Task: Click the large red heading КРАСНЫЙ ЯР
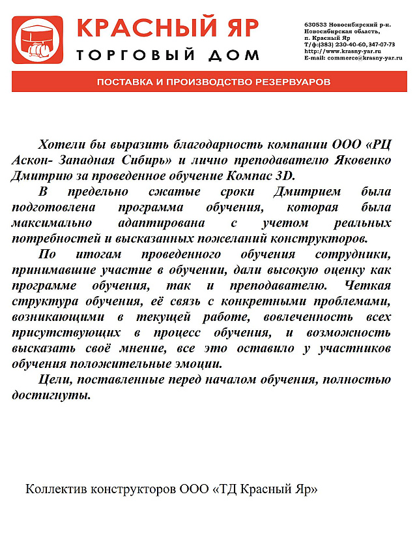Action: (x=167, y=29)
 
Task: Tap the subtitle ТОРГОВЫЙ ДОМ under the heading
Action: (x=167, y=55)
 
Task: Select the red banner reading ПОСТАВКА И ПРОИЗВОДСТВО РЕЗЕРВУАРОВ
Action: (x=214, y=83)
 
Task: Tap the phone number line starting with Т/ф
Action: (x=349, y=44)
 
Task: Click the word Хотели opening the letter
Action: (x=61, y=144)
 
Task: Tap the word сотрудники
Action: (x=356, y=254)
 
